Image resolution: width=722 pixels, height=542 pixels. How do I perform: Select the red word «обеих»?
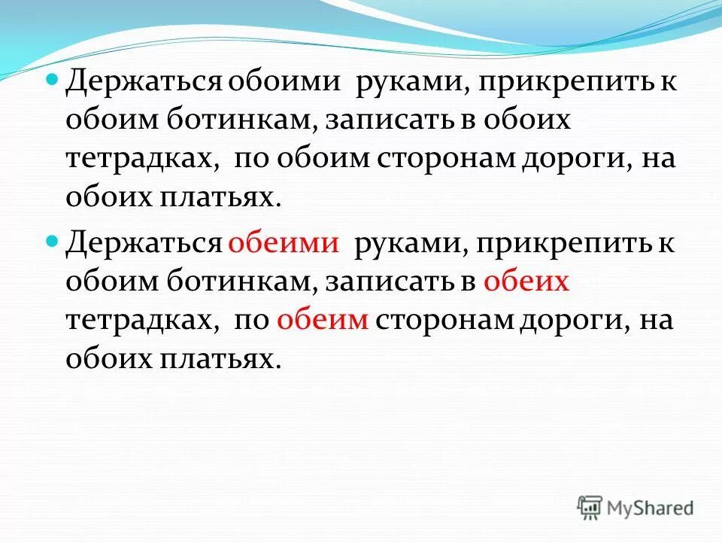(x=525, y=283)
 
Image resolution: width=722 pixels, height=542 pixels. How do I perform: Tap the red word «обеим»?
(x=323, y=321)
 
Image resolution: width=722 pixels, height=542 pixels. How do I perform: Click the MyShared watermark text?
(x=651, y=508)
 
